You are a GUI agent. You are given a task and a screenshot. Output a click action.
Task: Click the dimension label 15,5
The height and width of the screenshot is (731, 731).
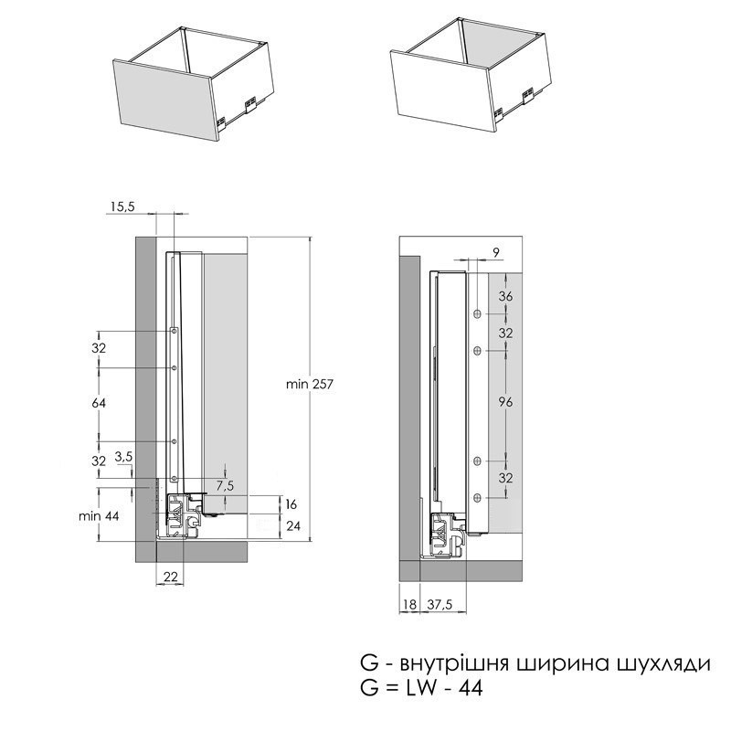click(x=122, y=207)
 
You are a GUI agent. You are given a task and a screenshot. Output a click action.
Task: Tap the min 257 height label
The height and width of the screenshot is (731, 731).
click(x=310, y=384)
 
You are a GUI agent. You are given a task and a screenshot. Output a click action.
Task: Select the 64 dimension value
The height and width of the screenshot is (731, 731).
click(x=99, y=403)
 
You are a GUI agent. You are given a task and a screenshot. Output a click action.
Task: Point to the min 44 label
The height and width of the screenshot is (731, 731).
click(x=99, y=516)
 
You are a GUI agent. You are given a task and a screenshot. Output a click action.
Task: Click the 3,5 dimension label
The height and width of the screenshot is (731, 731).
click(x=123, y=457)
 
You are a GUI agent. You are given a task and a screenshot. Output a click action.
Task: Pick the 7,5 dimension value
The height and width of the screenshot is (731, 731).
click(x=225, y=486)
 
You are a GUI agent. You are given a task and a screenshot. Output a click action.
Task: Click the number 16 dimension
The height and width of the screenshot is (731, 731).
click(x=291, y=504)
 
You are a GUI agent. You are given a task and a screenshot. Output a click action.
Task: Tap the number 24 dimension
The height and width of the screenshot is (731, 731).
click(x=293, y=526)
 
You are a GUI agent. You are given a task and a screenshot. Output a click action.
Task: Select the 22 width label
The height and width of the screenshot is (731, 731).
click(x=171, y=577)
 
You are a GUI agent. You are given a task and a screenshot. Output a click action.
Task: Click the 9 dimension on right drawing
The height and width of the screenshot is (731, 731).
click(x=496, y=253)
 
